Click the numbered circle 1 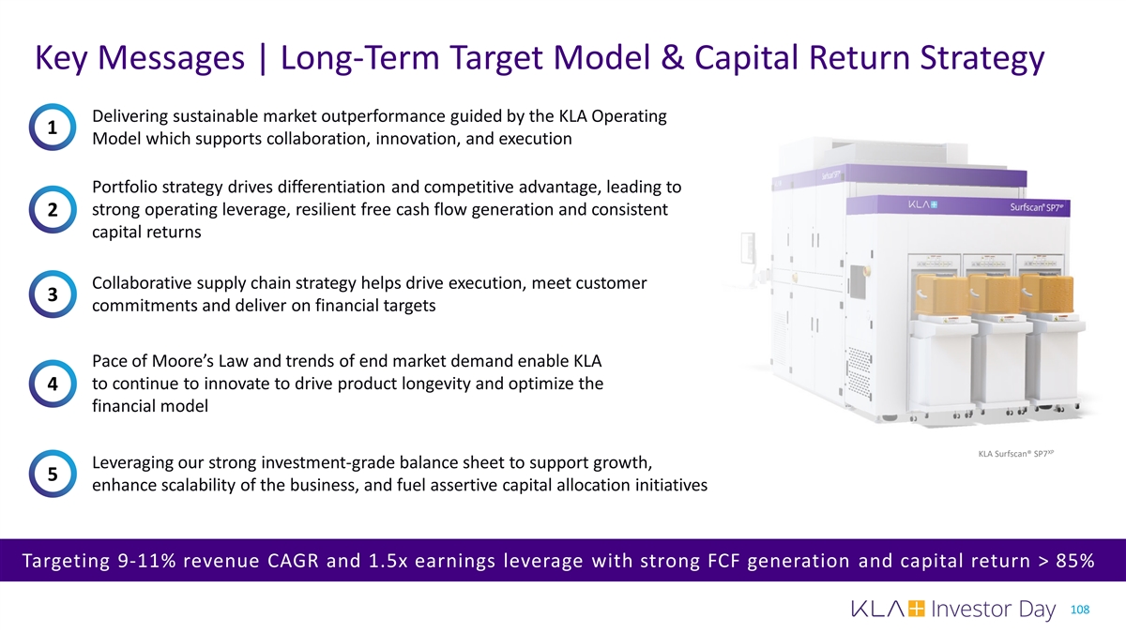[x=53, y=128]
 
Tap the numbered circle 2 [x=53, y=209]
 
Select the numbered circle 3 [x=53, y=294]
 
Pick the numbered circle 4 [x=53, y=384]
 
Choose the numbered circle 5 [x=53, y=474]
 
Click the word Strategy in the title [x=982, y=58]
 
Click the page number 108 [x=1080, y=610]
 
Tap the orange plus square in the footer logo [x=916, y=609]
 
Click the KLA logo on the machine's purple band [x=922, y=204]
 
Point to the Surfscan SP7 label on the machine [x=1037, y=207]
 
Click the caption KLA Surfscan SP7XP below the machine [x=1016, y=454]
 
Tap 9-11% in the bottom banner [x=146, y=560]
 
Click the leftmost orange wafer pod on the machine [x=940, y=294]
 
